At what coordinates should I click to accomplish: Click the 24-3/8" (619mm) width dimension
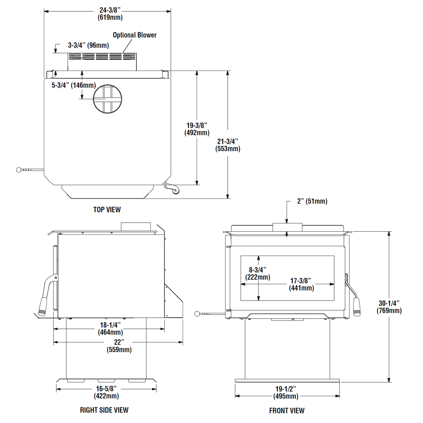pos(110,13)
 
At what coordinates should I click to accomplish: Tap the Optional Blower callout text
pos(135,35)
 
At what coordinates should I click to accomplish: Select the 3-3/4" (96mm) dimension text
pos(88,45)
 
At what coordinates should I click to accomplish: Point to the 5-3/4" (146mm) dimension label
pos(74,85)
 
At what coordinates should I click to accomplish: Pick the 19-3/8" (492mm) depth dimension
pos(197,129)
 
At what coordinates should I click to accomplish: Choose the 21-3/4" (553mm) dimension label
pos(228,145)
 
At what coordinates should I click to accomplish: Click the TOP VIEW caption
pos(107,210)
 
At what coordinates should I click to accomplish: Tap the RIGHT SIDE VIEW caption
pos(104,410)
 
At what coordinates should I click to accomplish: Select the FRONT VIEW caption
pos(287,410)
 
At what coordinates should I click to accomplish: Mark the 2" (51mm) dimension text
pos(312,201)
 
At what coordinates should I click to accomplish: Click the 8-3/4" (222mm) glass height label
pos(258,273)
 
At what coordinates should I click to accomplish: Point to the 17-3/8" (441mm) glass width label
pos(301,284)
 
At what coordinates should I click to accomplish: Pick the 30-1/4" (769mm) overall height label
pos(389,307)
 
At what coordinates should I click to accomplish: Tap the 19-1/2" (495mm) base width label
pos(286,393)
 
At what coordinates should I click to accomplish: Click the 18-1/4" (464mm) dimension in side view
pos(110,328)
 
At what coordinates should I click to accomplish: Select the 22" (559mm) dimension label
pos(119,346)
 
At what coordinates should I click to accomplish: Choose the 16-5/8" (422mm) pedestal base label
pos(106,392)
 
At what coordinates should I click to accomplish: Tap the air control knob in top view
pos(19,170)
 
